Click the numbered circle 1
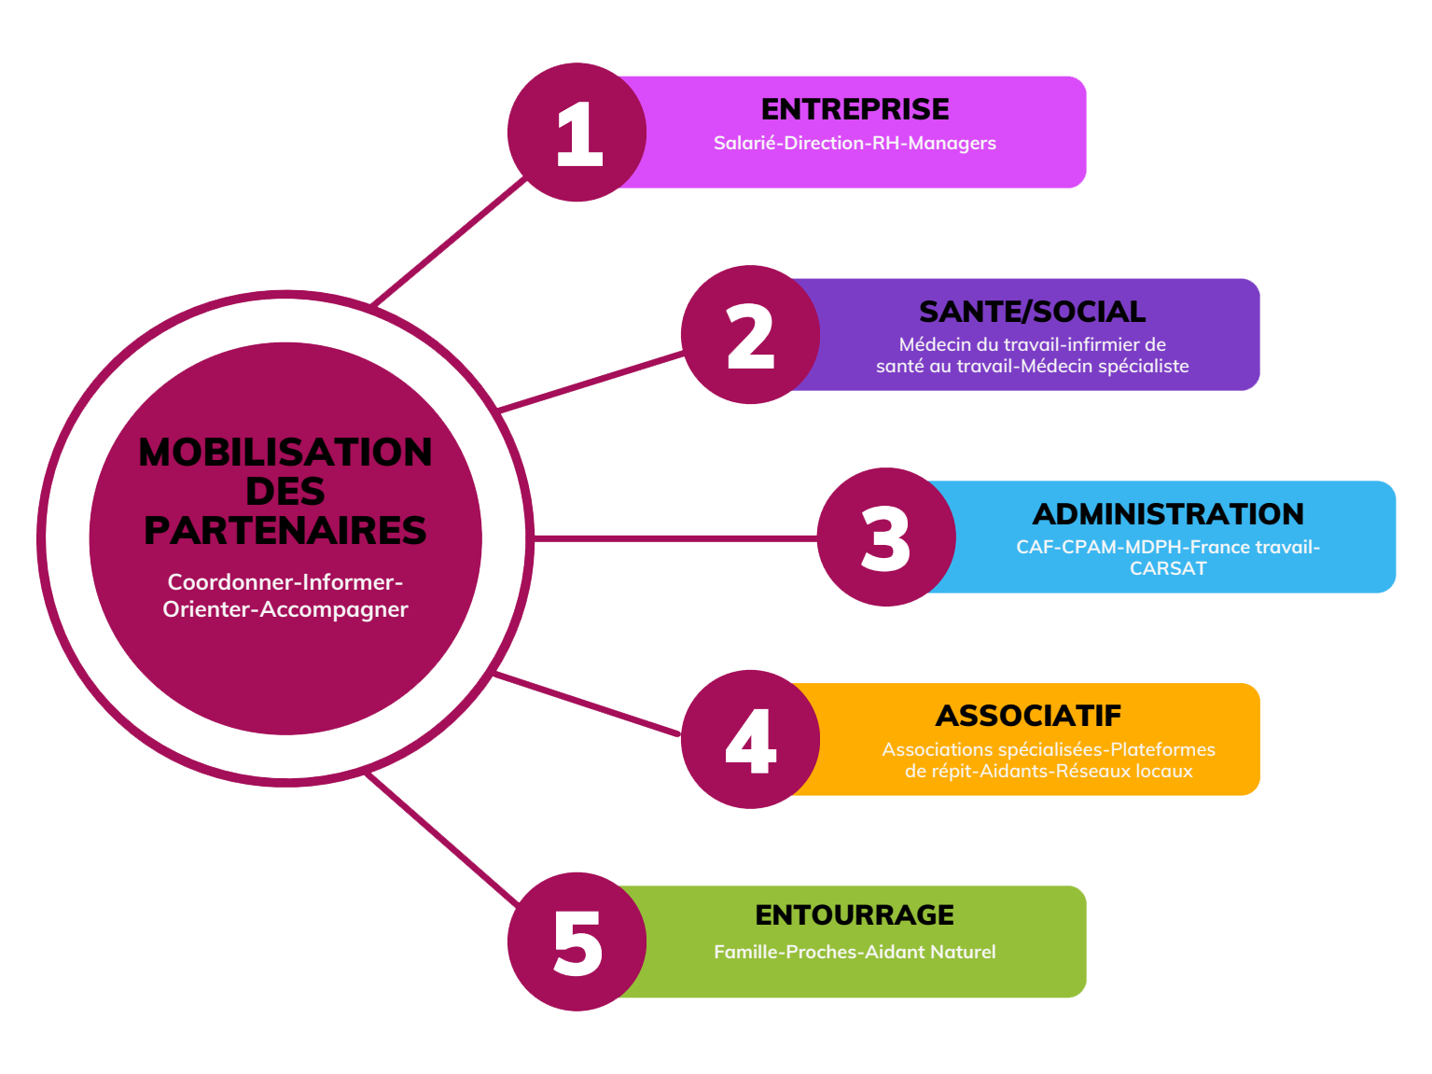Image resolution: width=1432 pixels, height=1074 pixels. (x=576, y=132)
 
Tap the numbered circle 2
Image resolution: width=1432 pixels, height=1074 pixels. (x=750, y=334)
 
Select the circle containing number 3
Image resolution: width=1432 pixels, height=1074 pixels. (x=885, y=537)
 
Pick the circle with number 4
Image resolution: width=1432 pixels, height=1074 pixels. (x=750, y=739)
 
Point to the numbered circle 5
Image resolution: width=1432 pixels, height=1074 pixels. (x=576, y=941)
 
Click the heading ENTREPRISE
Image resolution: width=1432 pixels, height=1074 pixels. (x=854, y=109)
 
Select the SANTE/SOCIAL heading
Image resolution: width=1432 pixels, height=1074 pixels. (x=1032, y=312)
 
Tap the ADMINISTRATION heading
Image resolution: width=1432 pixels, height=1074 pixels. (x=1167, y=513)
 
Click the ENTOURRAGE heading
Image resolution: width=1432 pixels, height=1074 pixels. (x=854, y=914)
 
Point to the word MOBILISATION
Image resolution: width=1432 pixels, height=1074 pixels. (x=285, y=452)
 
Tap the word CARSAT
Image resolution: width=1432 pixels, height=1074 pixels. (x=1168, y=568)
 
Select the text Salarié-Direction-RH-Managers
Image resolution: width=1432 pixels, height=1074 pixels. (x=854, y=143)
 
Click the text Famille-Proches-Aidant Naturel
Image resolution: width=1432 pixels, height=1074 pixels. (x=854, y=952)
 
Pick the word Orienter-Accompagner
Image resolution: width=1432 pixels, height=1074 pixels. (x=285, y=608)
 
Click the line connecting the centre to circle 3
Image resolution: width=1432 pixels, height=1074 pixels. (x=675, y=538)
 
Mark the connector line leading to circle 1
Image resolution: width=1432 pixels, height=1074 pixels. (x=449, y=242)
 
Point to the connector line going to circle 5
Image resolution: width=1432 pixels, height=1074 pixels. (x=443, y=839)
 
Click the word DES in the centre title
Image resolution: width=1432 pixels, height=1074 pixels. (x=285, y=491)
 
